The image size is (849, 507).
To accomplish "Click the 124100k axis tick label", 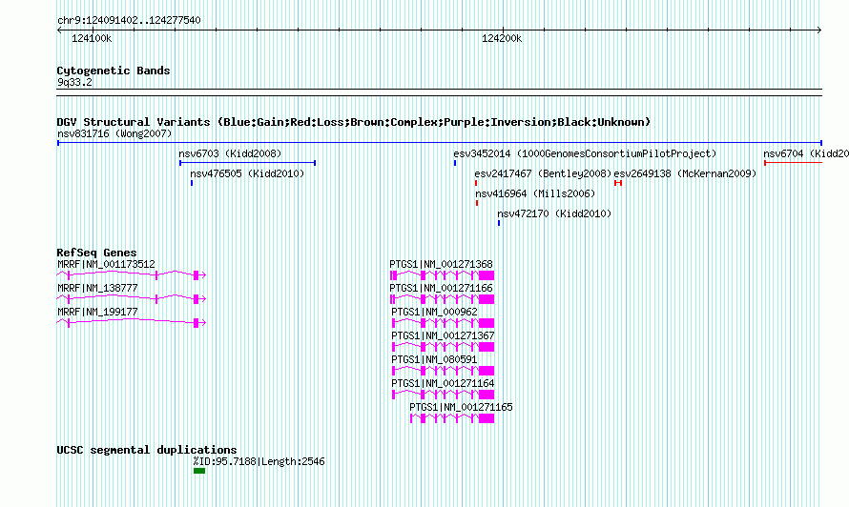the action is [92, 38].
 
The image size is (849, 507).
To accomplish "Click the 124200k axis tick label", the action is [502, 38].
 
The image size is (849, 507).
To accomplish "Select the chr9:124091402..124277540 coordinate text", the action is [129, 20].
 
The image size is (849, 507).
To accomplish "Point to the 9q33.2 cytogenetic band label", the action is [74, 82].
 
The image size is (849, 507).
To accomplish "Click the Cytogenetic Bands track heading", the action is [114, 71].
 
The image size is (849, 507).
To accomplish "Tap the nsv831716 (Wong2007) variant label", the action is [114, 133].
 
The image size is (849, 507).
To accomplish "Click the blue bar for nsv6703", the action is [247, 163].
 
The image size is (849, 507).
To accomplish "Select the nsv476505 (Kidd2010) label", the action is [247, 173].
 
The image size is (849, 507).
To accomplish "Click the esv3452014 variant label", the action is [482, 153].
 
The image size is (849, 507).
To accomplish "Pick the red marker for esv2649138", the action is [618, 183].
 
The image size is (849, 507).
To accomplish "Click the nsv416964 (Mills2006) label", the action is [535, 193].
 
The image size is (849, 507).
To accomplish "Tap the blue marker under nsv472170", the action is [499, 223].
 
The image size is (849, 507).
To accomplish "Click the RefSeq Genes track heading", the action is [96, 253].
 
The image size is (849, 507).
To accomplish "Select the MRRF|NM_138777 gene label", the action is [97, 288].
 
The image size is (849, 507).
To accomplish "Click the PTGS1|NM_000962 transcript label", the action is [434, 312].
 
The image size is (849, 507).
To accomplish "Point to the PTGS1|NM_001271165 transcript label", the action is [461, 407].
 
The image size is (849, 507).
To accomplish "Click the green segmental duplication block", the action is [199, 471].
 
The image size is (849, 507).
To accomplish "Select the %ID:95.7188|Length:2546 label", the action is [259, 461].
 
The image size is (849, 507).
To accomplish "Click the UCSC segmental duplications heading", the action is [147, 450].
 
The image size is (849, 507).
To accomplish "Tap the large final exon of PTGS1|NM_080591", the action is [487, 371].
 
